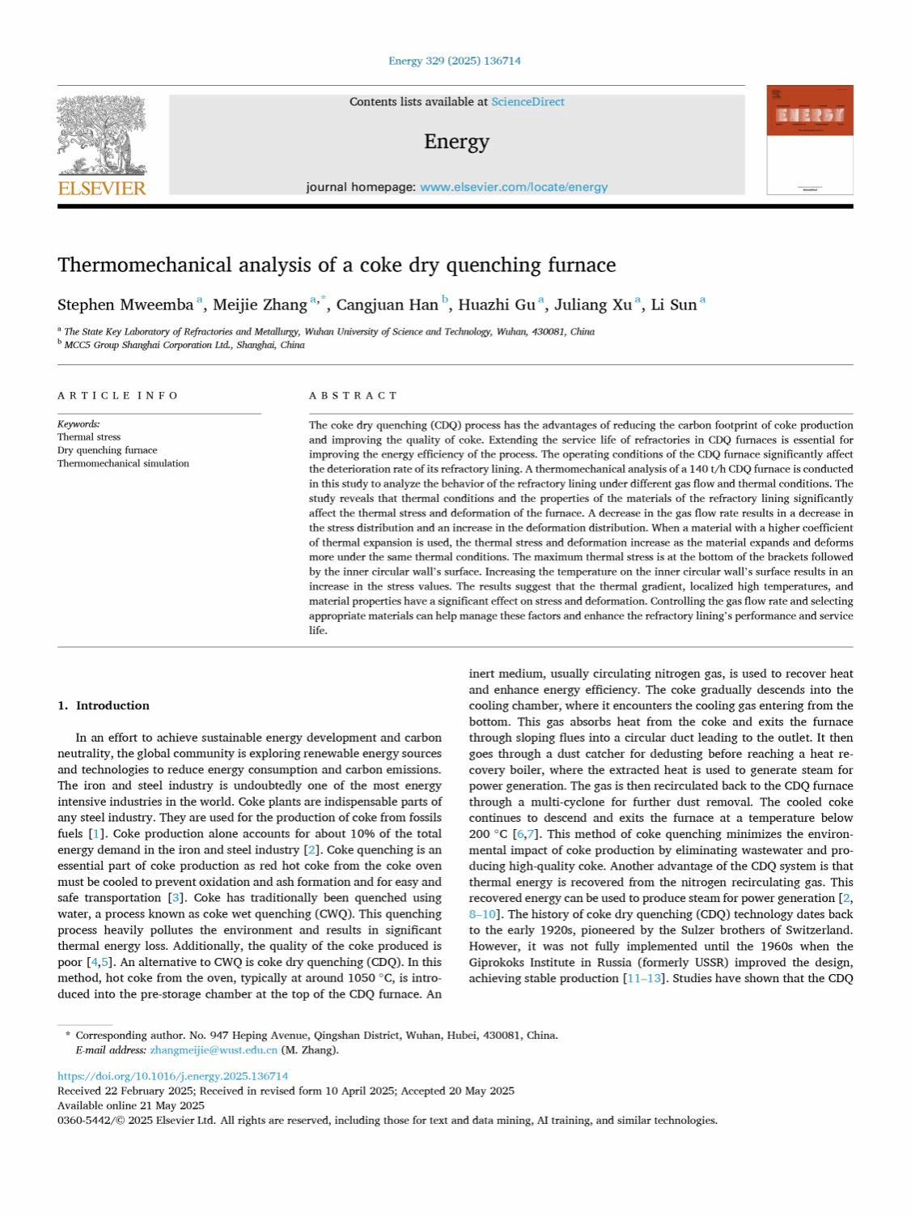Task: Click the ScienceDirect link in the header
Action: coord(528,102)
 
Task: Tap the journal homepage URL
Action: coord(514,187)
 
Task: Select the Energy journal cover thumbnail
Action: coord(809,139)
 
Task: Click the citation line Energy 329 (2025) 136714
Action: coord(455,61)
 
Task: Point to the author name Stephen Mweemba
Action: coord(125,305)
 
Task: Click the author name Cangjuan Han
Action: coord(387,305)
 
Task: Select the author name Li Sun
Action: coord(673,305)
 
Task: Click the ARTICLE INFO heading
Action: coord(118,396)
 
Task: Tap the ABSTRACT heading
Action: coord(354,396)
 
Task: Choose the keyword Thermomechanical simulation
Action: coord(123,464)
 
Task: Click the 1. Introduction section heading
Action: coord(104,706)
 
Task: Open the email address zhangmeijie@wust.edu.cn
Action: coord(214,1050)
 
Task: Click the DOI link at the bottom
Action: coord(172,1076)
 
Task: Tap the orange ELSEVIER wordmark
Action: coord(102,189)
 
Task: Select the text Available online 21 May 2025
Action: coord(131,1105)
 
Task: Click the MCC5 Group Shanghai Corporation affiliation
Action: coord(184,345)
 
